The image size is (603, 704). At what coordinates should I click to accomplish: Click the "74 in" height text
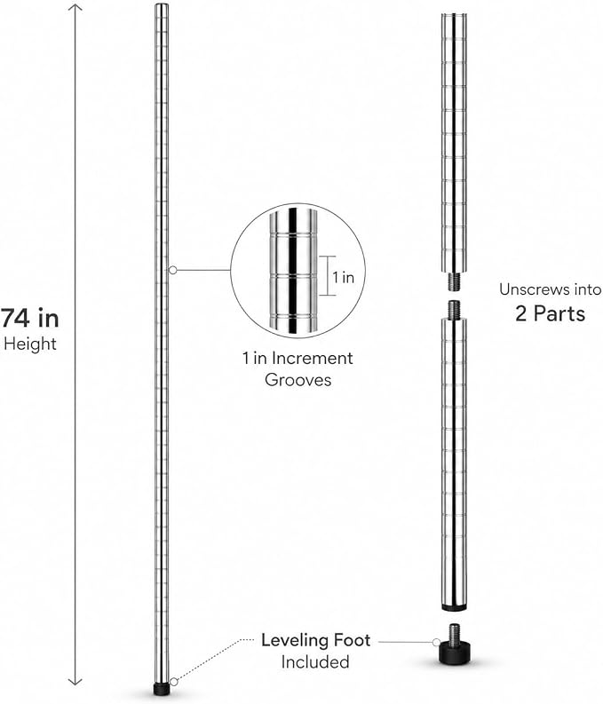(x=29, y=319)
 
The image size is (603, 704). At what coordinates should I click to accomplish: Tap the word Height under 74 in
(x=30, y=344)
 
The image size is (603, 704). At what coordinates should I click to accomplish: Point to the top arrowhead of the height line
(x=75, y=7)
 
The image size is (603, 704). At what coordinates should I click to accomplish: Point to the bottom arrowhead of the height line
(x=75, y=681)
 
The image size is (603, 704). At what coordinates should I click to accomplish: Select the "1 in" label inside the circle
(x=344, y=278)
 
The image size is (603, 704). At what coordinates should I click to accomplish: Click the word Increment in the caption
(x=313, y=359)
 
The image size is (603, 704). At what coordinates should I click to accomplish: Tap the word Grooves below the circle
(x=298, y=380)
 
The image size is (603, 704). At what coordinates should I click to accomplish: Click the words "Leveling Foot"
(x=316, y=640)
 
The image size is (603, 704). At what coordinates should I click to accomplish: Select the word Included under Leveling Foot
(x=315, y=661)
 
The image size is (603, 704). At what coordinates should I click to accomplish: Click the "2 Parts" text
(x=550, y=313)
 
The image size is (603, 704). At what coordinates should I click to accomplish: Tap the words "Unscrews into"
(x=551, y=289)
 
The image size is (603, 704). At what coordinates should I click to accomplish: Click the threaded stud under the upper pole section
(x=454, y=281)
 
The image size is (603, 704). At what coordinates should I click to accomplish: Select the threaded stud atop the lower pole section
(x=454, y=310)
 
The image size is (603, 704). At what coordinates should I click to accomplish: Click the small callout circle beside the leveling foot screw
(x=436, y=642)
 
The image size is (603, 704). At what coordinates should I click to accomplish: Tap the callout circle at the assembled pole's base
(x=174, y=682)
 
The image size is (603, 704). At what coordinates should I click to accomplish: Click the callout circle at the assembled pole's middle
(x=173, y=270)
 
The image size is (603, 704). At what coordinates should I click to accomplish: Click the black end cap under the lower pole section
(x=454, y=608)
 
